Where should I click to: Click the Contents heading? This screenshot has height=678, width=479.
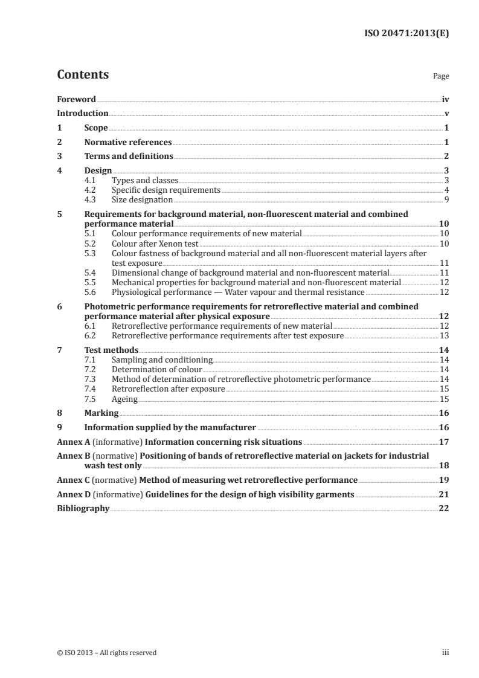[x=83, y=75]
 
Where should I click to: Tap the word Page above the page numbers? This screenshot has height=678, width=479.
[x=441, y=77]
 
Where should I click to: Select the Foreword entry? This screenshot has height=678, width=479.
[x=76, y=99]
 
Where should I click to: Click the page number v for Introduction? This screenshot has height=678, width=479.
[x=446, y=114]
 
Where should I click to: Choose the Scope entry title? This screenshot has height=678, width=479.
[x=96, y=128]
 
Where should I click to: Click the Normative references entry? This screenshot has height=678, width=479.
[x=128, y=143]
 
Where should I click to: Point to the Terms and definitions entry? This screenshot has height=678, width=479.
[x=129, y=157]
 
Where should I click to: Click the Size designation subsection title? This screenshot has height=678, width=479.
[x=142, y=199]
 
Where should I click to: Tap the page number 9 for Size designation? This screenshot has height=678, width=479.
[x=446, y=199]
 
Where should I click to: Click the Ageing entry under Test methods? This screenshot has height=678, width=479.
[x=125, y=399]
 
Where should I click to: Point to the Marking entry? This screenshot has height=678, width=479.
[x=101, y=413]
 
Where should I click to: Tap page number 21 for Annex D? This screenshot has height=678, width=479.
[x=443, y=495]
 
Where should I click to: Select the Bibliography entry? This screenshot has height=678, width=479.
[x=83, y=509]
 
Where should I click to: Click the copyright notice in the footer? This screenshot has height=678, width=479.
[x=106, y=652]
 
